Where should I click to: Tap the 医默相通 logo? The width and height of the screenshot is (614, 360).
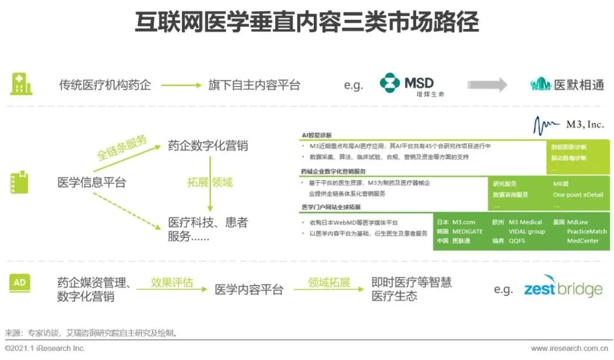point(567,85)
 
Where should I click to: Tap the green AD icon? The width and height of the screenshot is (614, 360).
point(20,282)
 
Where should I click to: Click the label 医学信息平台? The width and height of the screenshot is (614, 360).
point(92,183)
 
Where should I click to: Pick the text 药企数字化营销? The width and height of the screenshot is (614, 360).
point(208,146)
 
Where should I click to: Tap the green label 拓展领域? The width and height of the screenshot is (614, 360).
point(210,183)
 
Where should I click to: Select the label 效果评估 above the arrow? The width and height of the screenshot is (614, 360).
point(172,283)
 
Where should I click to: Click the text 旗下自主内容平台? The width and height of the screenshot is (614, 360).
point(254,85)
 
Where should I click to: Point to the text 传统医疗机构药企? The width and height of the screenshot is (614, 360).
point(105,85)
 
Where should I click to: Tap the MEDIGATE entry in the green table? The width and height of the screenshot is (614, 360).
point(467,231)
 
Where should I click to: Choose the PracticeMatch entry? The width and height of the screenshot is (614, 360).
point(587,231)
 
